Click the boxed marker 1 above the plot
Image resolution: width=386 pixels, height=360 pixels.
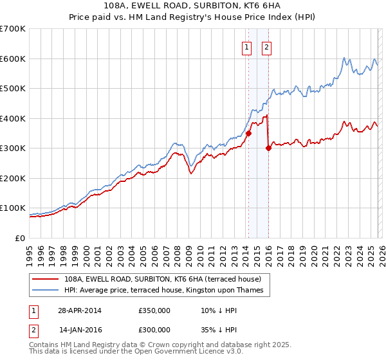(246, 46)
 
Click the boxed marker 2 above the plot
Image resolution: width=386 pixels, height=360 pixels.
(266, 46)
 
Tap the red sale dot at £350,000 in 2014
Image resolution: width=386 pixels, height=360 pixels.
(248, 133)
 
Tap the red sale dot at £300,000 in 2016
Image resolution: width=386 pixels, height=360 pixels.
(268, 148)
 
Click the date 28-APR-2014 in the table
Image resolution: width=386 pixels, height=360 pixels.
(80, 310)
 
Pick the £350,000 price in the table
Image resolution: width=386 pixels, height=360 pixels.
(154, 310)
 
